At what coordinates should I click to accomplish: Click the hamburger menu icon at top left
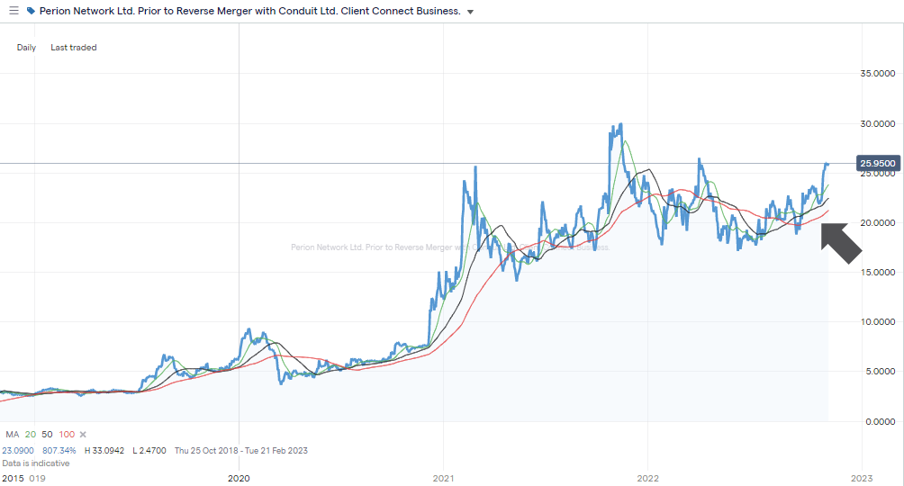[13, 11]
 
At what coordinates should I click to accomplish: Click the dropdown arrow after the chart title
[470, 12]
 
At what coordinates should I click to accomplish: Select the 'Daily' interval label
[26, 48]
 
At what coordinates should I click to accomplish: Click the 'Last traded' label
[74, 48]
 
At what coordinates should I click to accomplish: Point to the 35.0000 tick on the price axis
[881, 74]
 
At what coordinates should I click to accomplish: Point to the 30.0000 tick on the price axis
[881, 123]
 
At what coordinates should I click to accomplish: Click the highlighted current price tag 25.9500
[879, 164]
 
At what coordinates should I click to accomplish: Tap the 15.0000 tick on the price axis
[881, 272]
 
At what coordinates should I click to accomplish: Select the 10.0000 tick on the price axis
[881, 321]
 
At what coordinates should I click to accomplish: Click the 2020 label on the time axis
[239, 478]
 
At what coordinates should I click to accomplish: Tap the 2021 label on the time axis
[443, 478]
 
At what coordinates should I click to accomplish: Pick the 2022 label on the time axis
[647, 478]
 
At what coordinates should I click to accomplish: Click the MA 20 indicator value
[30, 435]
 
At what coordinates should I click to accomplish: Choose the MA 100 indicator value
[67, 435]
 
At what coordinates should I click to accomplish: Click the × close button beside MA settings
[83, 435]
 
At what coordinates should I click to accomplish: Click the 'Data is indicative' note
[35, 463]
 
